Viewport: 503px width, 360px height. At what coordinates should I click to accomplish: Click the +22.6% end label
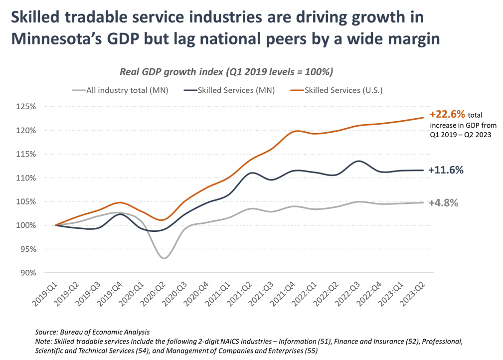447,114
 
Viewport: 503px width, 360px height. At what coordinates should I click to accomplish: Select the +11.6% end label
446,170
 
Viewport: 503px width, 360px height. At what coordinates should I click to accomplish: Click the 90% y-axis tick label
27,273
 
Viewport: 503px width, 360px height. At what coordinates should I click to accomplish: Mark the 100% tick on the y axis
26,225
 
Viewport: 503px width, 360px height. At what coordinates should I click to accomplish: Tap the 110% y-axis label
26,178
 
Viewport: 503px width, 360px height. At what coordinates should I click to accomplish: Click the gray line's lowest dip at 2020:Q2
164,258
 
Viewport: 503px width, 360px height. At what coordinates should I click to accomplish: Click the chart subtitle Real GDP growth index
226,72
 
